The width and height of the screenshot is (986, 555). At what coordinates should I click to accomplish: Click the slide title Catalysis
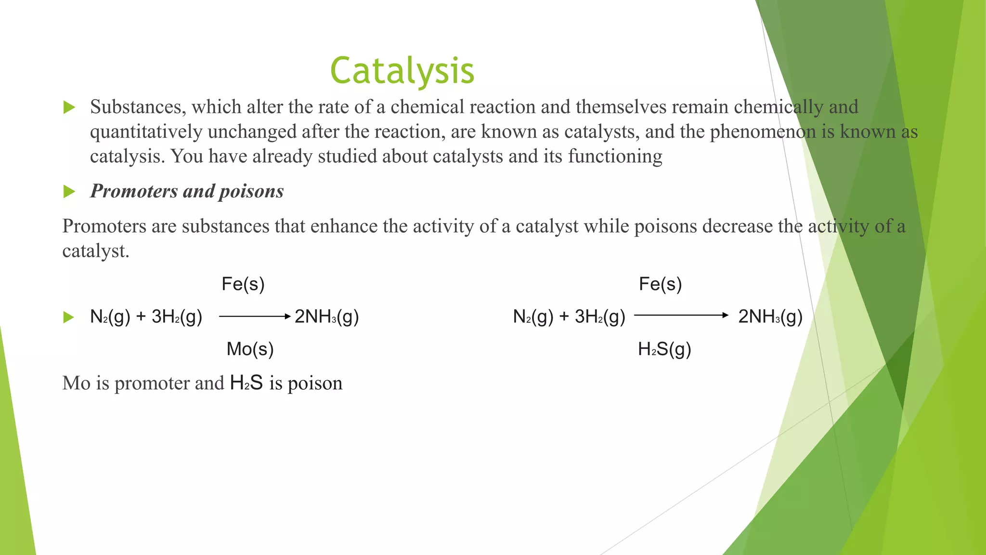pyautogui.click(x=402, y=71)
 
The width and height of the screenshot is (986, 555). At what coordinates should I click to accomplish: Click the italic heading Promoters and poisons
pyautogui.click(x=187, y=191)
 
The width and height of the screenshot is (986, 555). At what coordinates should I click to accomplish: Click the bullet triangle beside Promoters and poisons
pyautogui.click(x=69, y=192)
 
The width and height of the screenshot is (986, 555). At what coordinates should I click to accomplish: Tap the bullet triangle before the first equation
pyautogui.click(x=69, y=317)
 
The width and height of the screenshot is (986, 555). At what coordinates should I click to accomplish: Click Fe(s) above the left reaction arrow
pyautogui.click(x=243, y=284)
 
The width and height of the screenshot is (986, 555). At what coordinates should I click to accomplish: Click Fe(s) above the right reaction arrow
pyautogui.click(x=660, y=284)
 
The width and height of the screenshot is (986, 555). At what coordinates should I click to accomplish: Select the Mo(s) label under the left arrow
pyautogui.click(x=250, y=349)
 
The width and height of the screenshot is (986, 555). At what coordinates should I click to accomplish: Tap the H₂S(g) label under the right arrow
pyautogui.click(x=664, y=349)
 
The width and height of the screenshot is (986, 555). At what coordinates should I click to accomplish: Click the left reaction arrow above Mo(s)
pyautogui.click(x=255, y=317)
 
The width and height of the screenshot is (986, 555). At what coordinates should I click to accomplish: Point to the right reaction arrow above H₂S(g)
pyautogui.click(x=681, y=316)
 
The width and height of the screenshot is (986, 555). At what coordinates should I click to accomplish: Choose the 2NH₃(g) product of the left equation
pyautogui.click(x=327, y=317)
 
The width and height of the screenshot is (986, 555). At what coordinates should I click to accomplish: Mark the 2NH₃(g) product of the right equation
pyautogui.click(x=770, y=317)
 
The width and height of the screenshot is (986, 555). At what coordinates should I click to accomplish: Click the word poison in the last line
pyautogui.click(x=315, y=383)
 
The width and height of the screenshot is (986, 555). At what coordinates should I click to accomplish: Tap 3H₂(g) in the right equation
pyautogui.click(x=600, y=317)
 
